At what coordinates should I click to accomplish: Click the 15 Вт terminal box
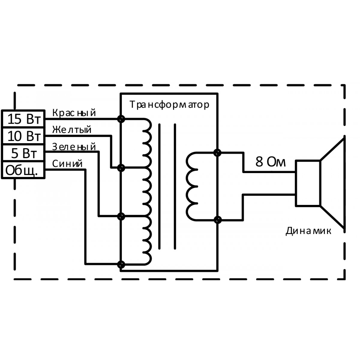[23, 119]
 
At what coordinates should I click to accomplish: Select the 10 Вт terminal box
[23, 136]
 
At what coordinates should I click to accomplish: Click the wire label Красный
[74, 113]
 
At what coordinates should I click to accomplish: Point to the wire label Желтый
[72, 130]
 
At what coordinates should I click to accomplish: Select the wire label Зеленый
[74, 147]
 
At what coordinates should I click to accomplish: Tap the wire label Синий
[67, 164]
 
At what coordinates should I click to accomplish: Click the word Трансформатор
[169, 105]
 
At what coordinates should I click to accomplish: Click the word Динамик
[308, 231]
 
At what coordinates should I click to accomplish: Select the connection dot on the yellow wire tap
[121, 168]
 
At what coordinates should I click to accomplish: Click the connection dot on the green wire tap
[121, 216]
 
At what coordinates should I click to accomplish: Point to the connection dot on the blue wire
[121, 264]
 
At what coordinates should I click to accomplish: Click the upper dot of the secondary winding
[217, 153]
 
